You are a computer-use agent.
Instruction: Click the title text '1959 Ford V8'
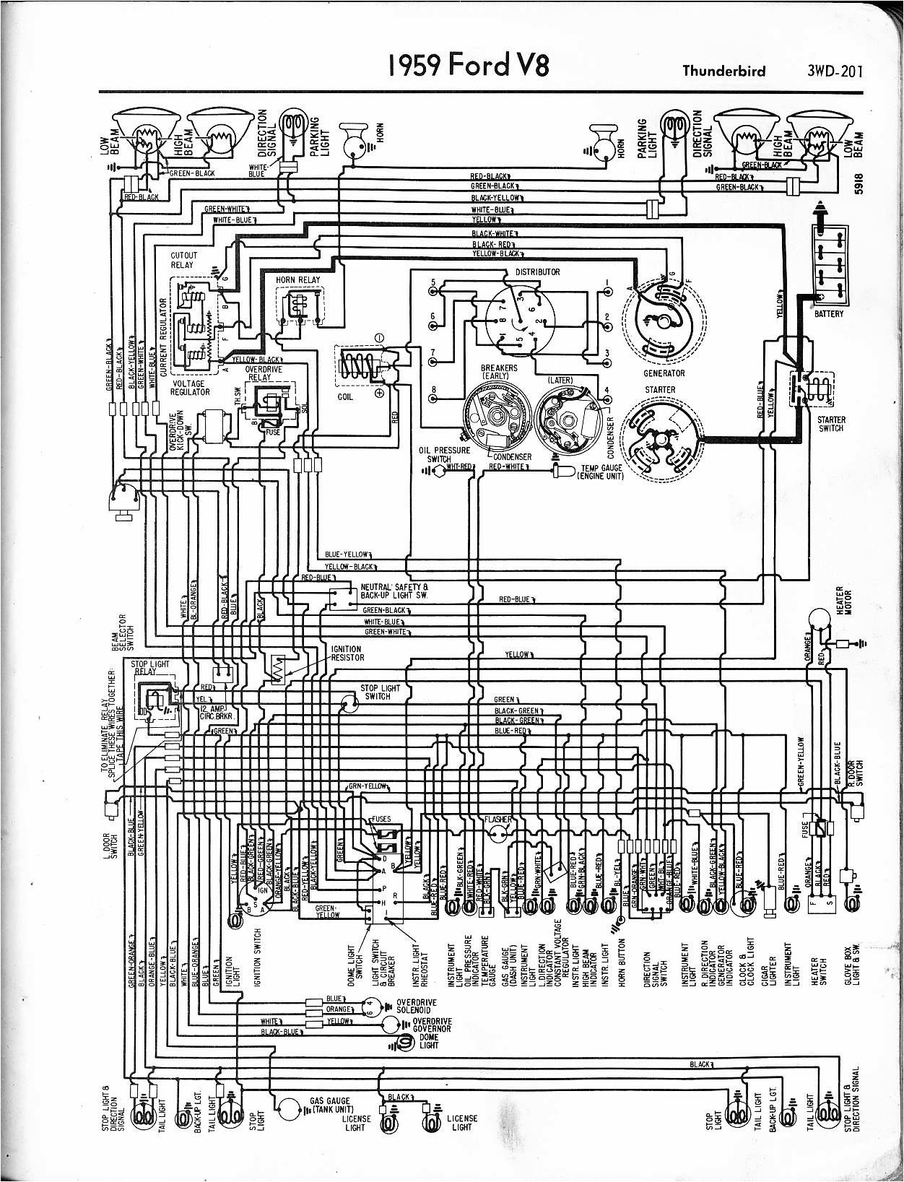click(x=469, y=66)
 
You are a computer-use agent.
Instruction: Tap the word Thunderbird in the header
click(x=723, y=71)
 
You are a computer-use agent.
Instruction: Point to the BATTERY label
click(x=829, y=314)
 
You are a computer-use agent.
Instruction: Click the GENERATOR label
click(x=664, y=373)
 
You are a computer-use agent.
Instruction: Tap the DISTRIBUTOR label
click(x=537, y=272)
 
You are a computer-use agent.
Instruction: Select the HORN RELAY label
click(x=297, y=279)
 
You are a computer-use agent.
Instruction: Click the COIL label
click(x=345, y=397)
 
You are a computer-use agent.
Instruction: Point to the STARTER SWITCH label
click(x=830, y=424)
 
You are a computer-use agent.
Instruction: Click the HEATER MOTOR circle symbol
click(x=819, y=618)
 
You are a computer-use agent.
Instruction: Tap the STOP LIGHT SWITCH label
click(x=377, y=692)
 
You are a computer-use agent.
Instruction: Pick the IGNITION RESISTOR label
click(x=347, y=653)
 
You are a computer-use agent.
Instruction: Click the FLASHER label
click(x=498, y=820)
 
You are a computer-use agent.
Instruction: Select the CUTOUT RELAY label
click(x=182, y=260)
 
